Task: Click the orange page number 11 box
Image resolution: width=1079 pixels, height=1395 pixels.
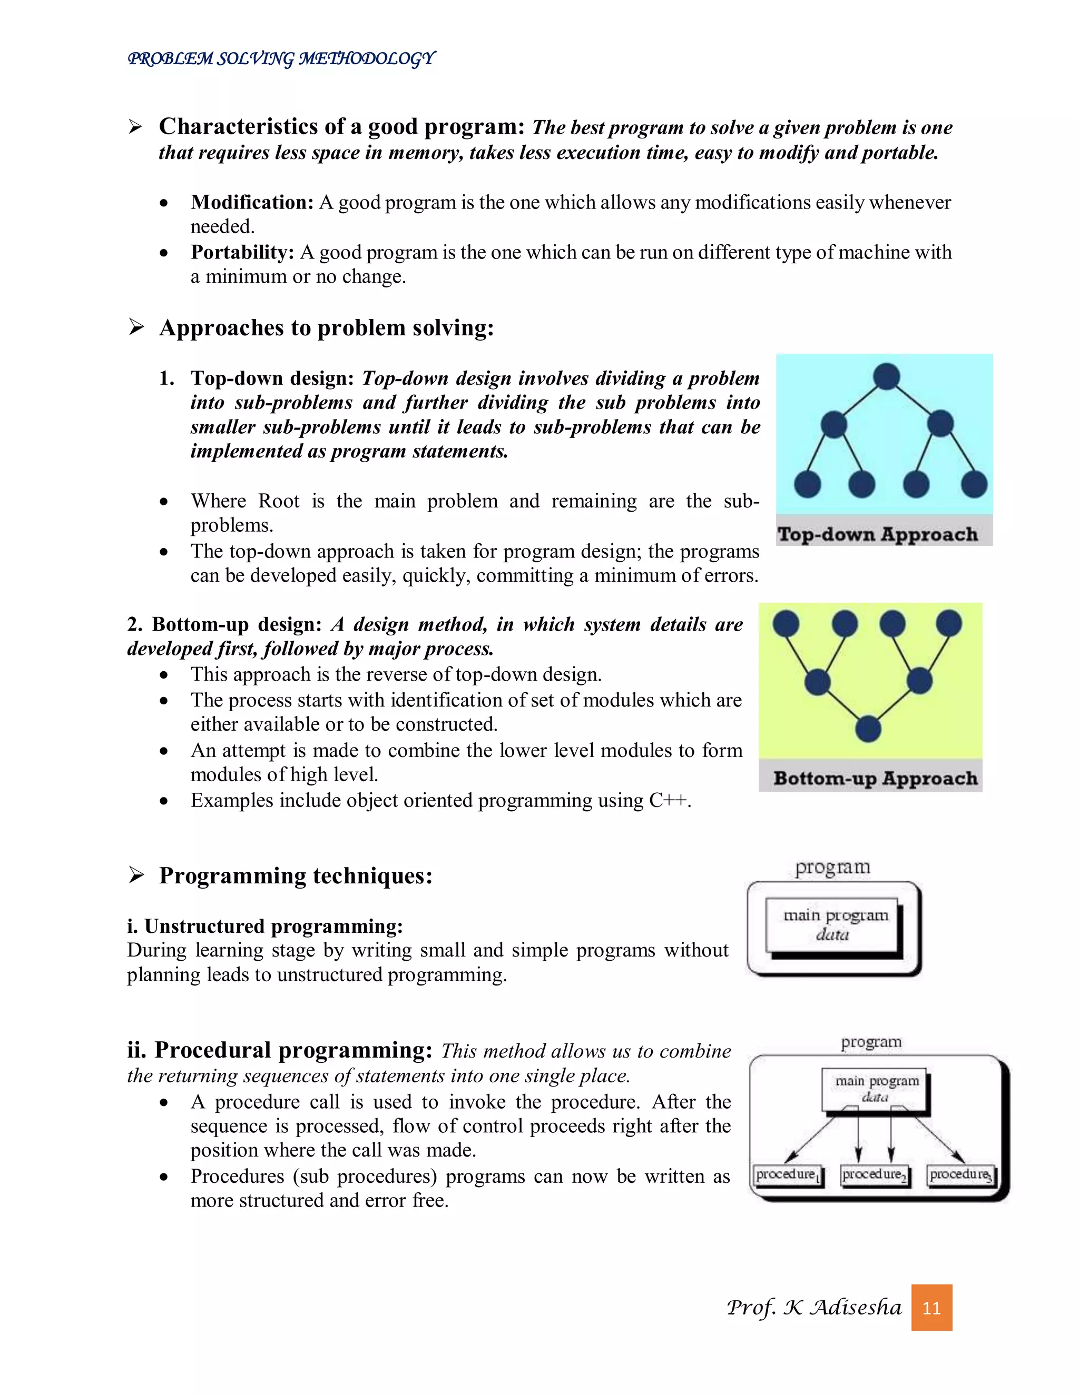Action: pos(931,1308)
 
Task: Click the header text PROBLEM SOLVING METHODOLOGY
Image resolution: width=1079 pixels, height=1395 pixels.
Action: pos(281,59)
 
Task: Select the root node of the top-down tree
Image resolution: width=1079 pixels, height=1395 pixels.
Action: pos(886,376)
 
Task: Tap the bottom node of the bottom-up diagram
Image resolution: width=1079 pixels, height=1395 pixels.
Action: pos(868,728)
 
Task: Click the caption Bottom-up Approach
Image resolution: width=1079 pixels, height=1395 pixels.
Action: pos(875,778)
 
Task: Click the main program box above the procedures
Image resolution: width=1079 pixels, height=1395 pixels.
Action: pos(875,1088)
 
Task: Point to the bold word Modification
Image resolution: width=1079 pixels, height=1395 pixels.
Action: pos(252,203)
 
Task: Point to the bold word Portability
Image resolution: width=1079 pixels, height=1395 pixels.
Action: pos(242,252)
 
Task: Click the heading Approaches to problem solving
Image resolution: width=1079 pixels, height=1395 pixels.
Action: pos(326,327)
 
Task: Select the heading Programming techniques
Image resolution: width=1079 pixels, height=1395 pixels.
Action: pos(296,876)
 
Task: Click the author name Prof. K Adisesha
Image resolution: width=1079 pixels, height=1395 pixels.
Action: pos(813,1308)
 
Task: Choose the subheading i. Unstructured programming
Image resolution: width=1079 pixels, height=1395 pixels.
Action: pos(264,926)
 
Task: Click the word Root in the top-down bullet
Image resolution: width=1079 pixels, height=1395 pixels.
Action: pos(279,501)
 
